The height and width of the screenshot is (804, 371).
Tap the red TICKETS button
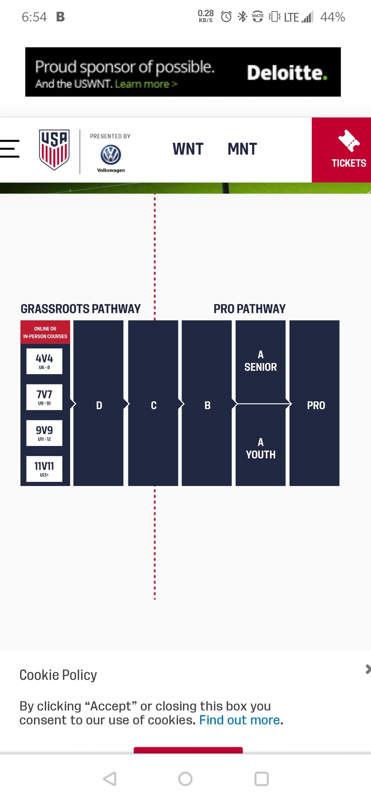pos(341,150)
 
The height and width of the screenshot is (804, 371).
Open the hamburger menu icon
pos(10,149)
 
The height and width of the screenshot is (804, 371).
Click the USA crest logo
pos(54,150)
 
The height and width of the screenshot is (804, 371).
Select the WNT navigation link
pos(188,149)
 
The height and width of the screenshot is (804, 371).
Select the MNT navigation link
pos(242,149)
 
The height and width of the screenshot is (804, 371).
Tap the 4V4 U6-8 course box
pos(44,361)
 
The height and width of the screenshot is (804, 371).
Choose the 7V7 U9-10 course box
pos(44,397)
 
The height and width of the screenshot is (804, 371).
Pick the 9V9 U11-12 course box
pos(44,433)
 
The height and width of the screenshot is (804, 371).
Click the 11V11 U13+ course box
pos(44,469)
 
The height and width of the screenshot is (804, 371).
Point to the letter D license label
pos(99,405)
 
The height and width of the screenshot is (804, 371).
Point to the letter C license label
pos(154,405)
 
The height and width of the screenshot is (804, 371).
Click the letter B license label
pos(208,405)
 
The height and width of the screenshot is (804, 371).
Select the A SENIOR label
pos(261,361)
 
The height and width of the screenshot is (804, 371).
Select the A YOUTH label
pos(261,449)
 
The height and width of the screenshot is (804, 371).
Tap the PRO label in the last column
pos(316,405)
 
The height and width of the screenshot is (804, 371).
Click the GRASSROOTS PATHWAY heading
pos(81,309)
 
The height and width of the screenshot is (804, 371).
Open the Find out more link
pos(239,720)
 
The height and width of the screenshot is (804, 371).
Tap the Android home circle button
pos(185,779)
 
